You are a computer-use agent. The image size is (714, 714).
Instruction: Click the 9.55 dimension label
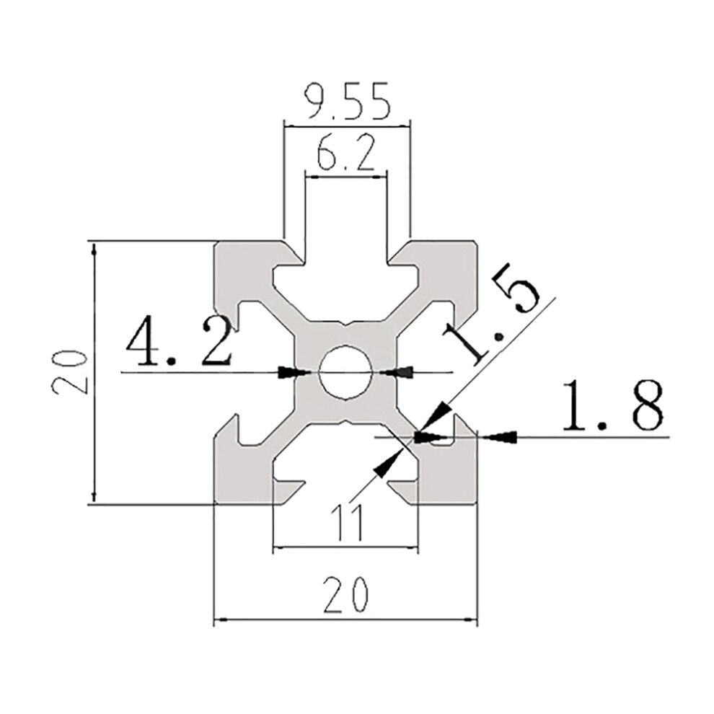346,101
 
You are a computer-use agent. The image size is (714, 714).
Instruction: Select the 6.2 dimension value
346,153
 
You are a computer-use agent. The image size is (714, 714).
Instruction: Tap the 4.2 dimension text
179,342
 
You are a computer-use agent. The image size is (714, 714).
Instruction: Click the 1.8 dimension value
612,406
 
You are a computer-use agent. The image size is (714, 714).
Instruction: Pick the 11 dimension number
347,522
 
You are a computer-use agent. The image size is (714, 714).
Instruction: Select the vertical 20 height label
69,372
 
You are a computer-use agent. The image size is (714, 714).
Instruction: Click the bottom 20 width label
345,595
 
